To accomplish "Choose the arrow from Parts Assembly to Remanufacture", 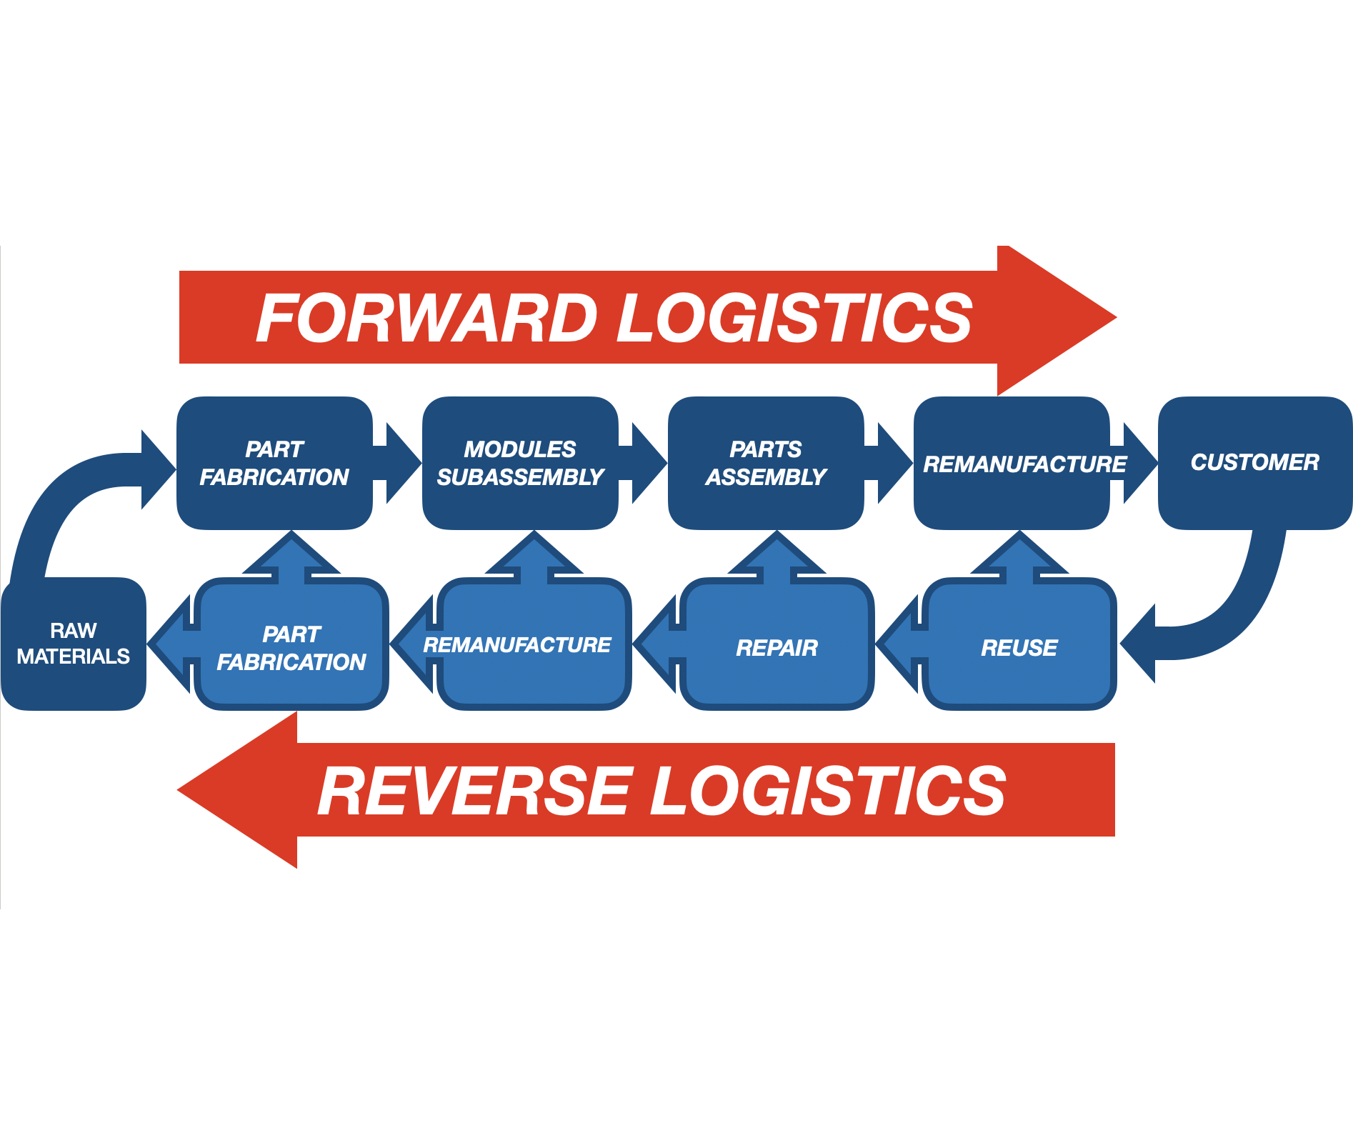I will (890, 463).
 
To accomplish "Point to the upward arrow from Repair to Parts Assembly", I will (777, 557).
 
